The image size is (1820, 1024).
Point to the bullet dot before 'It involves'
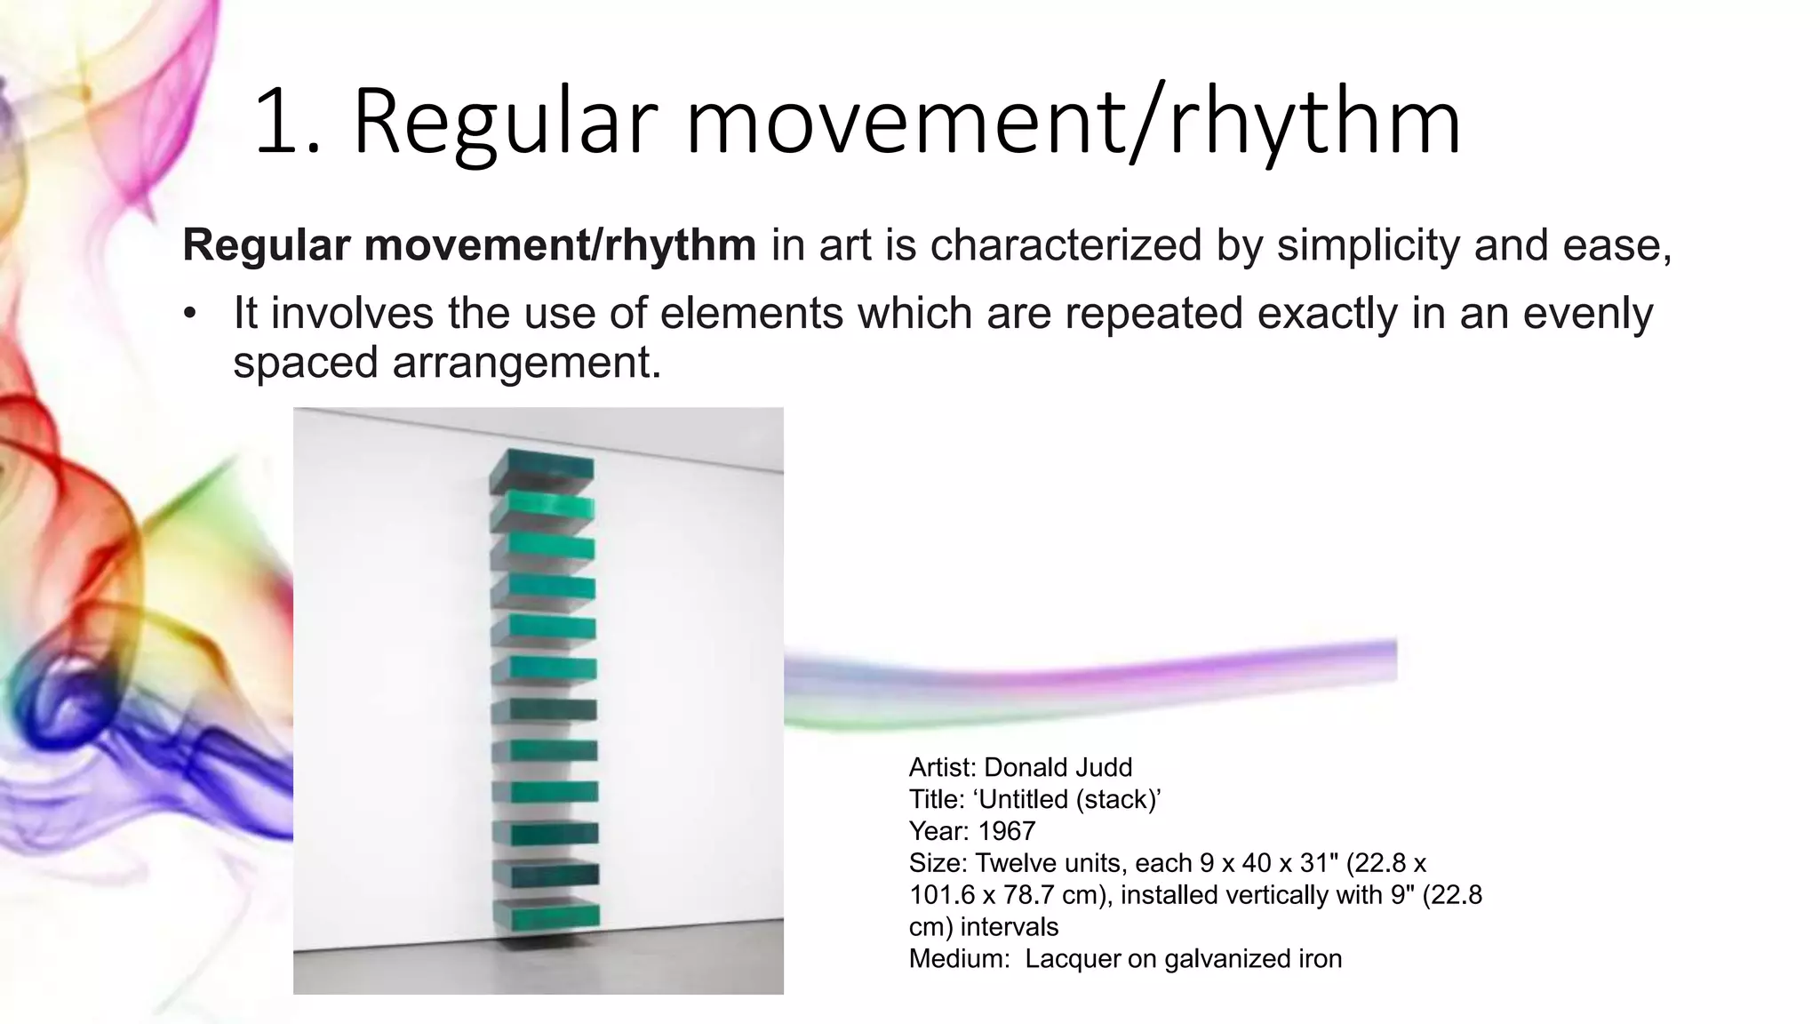188,314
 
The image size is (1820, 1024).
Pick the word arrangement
526,362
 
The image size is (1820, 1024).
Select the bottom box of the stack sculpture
544,914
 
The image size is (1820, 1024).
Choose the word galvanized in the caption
1228,959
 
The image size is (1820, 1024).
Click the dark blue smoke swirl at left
53,702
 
